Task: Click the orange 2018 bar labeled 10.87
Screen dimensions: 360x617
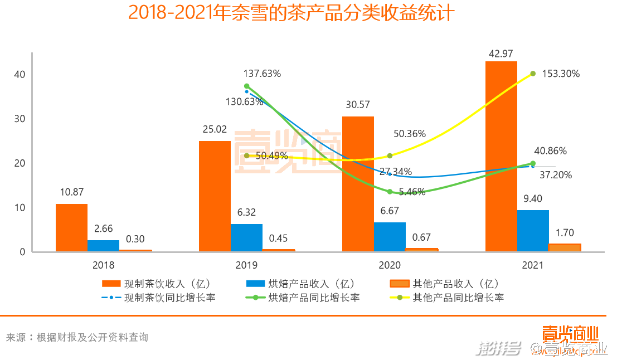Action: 71,228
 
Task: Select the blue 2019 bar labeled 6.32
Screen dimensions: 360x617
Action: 246,238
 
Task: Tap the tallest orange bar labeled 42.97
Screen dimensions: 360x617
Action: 501,157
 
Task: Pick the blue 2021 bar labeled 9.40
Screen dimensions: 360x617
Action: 533,231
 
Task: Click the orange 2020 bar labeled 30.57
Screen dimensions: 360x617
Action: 358,184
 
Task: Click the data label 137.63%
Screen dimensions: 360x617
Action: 262,73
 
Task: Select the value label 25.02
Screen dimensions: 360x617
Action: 215,129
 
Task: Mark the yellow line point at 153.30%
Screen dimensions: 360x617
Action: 533,74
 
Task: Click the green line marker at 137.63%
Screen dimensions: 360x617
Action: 246,86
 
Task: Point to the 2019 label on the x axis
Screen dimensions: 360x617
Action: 246,266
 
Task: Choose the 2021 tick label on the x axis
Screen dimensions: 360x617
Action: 532,266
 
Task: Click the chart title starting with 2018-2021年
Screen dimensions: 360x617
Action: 292,13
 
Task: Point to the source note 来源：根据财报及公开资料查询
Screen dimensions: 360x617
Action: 77,337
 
